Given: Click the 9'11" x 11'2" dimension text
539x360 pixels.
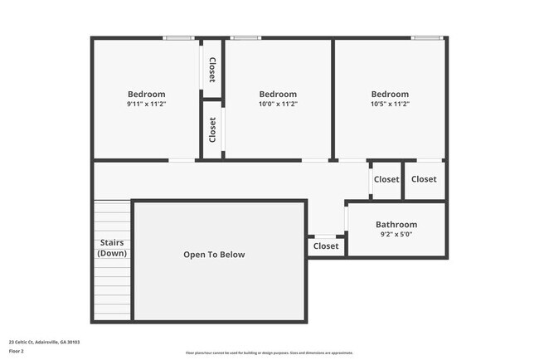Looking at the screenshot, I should pyautogui.click(x=146, y=105).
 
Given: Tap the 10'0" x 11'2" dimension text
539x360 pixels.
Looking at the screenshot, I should pyautogui.click(x=278, y=105).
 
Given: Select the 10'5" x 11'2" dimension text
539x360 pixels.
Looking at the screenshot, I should pyautogui.click(x=390, y=105).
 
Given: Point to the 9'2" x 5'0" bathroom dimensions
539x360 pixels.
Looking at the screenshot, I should pyautogui.click(x=396, y=235).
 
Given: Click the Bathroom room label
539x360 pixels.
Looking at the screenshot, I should pyautogui.click(x=396, y=225).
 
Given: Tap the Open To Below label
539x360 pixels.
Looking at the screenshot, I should pyautogui.click(x=214, y=255).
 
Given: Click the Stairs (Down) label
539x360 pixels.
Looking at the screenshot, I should pyautogui.click(x=112, y=248).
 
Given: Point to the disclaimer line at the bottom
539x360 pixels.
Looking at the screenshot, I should pyautogui.click(x=269, y=353).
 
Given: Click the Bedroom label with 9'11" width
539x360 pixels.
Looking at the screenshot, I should pyautogui.click(x=146, y=95).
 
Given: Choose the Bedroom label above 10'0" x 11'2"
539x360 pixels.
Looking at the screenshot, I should pyautogui.click(x=278, y=95).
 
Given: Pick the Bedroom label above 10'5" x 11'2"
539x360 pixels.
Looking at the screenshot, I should pyautogui.click(x=390, y=95).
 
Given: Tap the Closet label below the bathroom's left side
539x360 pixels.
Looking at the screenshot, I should pyautogui.click(x=326, y=246).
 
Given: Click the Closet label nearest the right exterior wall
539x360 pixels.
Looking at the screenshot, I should pyautogui.click(x=424, y=179).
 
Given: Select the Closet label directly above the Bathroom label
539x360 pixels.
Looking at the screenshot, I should pyautogui.click(x=386, y=179).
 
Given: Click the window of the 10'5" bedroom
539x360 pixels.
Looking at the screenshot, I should pyautogui.click(x=426, y=37).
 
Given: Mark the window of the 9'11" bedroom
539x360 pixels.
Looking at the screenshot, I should pyautogui.click(x=178, y=37).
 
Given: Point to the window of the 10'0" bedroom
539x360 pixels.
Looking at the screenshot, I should pyautogui.click(x=245, y=37).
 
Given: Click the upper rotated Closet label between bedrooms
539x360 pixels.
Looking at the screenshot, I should pyautogui.click(x=213, y=70).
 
